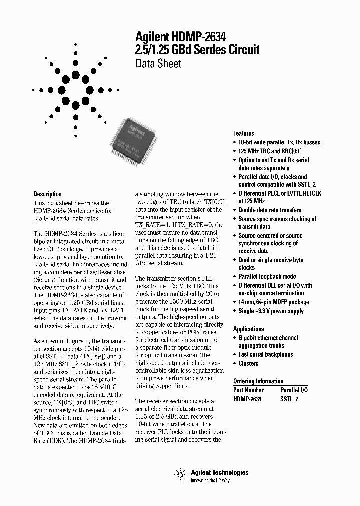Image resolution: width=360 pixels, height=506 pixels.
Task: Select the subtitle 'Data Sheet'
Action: [158, 63]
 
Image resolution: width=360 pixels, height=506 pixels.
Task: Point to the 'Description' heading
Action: [47, 194]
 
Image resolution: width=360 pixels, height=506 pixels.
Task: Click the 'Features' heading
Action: [243, 133]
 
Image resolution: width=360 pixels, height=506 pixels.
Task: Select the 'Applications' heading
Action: [248, 329]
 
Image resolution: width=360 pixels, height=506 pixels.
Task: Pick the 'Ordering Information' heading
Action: [258, 381]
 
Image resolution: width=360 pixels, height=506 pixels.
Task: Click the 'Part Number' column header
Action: [248, 389]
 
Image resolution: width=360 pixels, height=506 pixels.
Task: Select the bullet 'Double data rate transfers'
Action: [270, 210]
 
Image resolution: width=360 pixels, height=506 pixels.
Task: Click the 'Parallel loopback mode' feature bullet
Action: [267, 277]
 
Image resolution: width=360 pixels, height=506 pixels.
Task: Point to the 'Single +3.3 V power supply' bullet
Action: [271, 311]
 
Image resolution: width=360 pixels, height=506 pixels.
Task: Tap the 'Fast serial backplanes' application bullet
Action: [265, 355]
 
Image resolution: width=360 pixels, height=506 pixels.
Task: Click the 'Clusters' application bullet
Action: [248, 364]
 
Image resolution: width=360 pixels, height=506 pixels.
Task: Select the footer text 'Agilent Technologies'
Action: [219, 472]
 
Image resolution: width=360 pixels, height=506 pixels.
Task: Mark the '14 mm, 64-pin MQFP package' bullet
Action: [273, 302]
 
